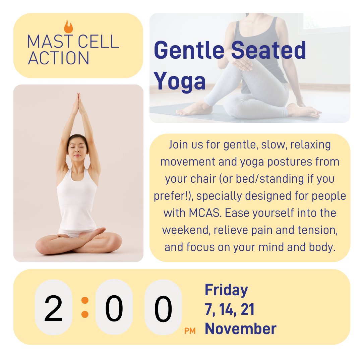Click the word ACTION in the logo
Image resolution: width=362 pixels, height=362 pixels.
[x=59, y=58]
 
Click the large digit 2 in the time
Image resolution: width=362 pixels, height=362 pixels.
[x=54, y=309]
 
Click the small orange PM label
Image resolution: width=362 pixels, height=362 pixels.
[x=190, y=331]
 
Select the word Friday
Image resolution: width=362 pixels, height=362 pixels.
[x=226, y=290]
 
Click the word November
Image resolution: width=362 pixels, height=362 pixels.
[x=241, y=329]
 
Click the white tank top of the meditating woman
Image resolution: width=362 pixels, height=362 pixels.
[x=77, y=201]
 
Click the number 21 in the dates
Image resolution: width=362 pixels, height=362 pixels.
[x=247, y=309]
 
